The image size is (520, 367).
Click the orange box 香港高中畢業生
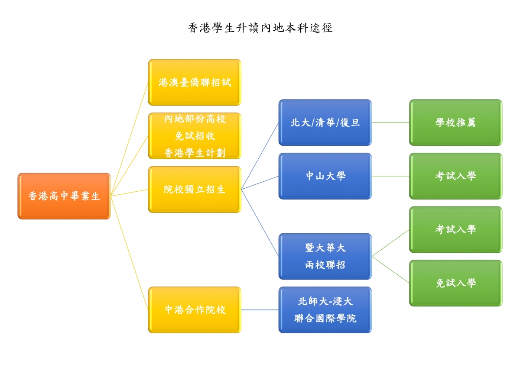(64, 196)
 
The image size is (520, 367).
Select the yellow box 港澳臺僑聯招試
(195, 82)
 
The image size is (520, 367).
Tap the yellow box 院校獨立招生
(195, 189)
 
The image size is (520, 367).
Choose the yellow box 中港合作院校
(195, 310)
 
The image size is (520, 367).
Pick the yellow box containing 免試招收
(195, 136)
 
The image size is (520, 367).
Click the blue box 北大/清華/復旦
(325, 122)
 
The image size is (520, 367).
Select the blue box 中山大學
(325, 176)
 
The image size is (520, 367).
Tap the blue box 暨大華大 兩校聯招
(325, 256)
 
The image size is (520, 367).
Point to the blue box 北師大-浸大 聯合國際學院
(325, 310)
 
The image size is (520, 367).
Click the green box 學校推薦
(456, 122)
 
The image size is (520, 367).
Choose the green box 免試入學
(456, 283)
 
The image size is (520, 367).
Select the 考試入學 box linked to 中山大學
(456, 176)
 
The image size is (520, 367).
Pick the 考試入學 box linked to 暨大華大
(456, 229)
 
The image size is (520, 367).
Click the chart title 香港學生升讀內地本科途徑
(260, 28)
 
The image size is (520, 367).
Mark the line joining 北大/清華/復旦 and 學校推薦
(390, 122)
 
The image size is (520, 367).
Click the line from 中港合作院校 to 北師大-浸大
(260, 310)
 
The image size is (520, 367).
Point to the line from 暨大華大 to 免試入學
(390, 270)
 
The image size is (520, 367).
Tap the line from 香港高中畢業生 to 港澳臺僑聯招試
(129, 139)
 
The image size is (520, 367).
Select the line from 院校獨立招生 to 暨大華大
(260, 223)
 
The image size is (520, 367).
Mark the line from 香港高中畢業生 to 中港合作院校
(129, 253)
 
